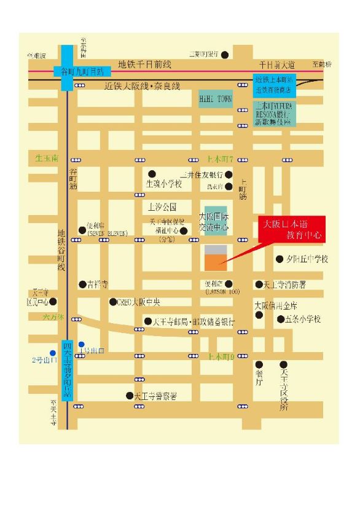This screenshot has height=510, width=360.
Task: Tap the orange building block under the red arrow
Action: [215, 262]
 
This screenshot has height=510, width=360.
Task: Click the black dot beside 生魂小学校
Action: [152, 174]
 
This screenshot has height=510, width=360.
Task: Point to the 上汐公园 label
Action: [162, 206]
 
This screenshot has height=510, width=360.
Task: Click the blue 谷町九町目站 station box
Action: [79, 71]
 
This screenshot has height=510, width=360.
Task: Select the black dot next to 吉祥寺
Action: [82, 284]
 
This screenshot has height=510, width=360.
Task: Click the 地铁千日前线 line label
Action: [144, 64]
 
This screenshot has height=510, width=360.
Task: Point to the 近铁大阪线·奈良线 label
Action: [143, 87]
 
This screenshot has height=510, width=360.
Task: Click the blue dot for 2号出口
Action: [53, 353]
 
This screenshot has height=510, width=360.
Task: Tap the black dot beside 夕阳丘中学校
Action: [280, 259]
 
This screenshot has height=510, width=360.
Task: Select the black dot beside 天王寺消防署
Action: [259, 284]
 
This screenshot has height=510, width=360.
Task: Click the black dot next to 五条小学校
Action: [280, 319]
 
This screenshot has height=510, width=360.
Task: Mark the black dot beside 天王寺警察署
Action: [129, 396]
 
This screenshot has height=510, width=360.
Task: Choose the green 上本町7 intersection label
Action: [221, 159]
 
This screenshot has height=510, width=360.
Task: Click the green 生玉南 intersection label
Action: [46, 159]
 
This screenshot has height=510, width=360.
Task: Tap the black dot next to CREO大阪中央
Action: [112, 302]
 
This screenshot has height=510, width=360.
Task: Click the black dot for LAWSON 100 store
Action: [229, 284]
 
